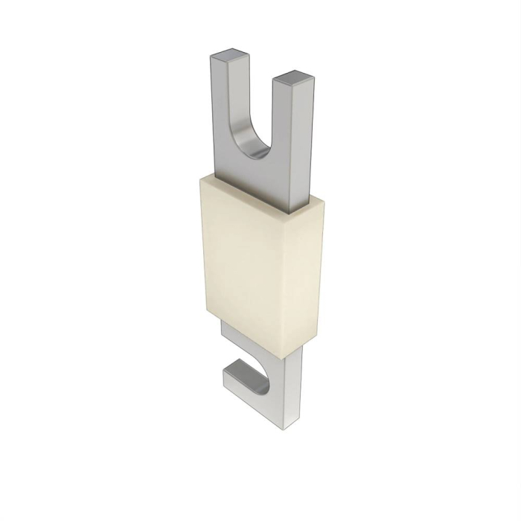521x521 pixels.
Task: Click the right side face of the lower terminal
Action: click(298, 380)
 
